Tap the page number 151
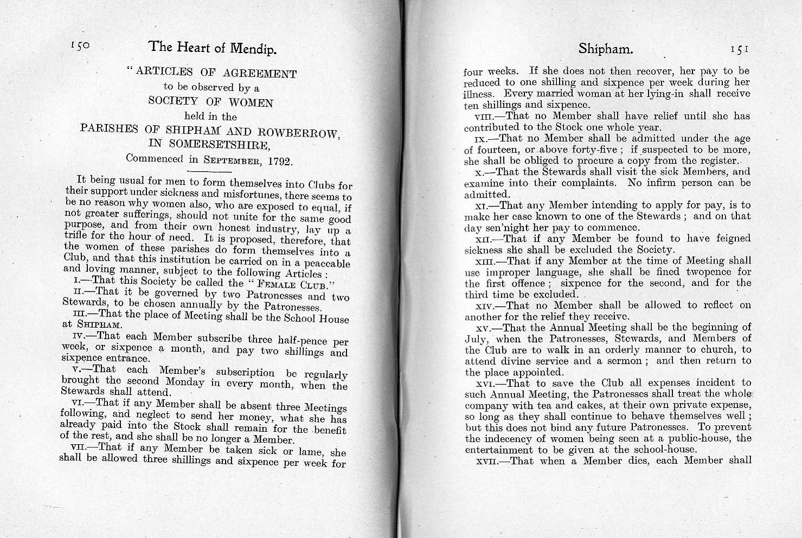(x=740, y=49)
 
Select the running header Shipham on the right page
(x=605, y=49)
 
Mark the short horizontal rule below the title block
(x=219, y=172)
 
